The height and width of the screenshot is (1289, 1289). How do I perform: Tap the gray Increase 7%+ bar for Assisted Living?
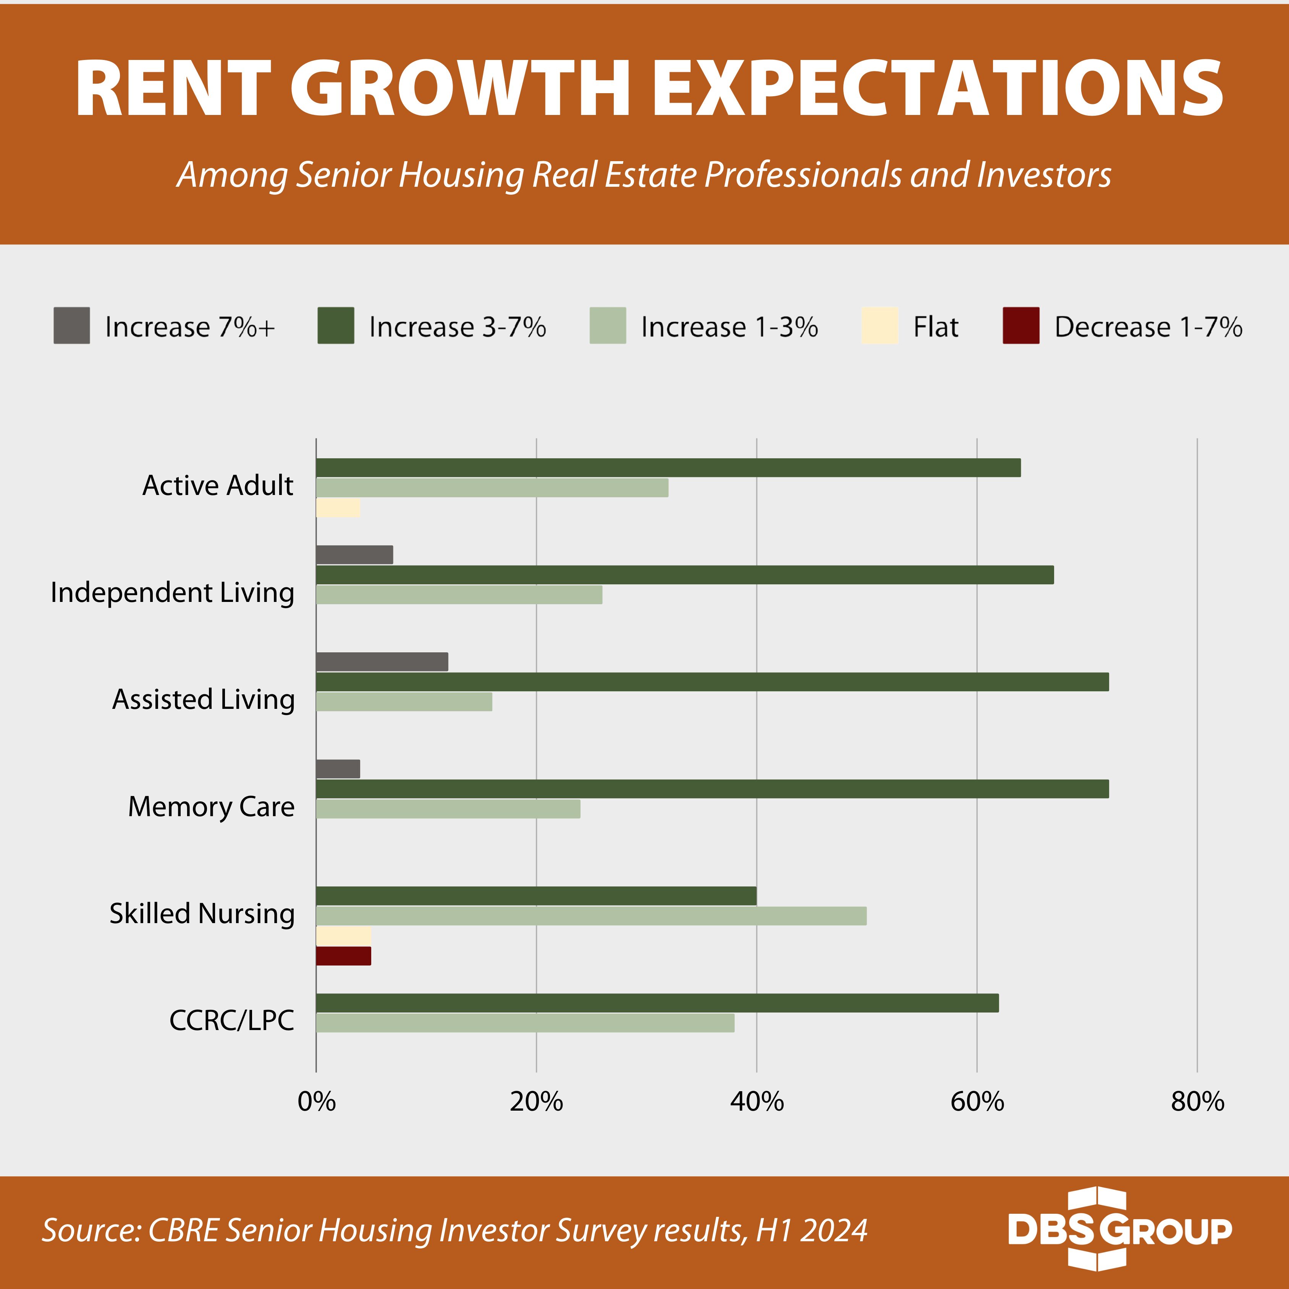pos(382,662)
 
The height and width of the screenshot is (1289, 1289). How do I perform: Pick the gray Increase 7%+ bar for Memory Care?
pos(338,768)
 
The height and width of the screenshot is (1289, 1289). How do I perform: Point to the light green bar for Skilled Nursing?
pos(590,916)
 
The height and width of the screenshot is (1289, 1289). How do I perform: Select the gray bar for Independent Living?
pos(354,555)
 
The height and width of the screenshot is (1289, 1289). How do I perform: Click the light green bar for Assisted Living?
pos(404,702)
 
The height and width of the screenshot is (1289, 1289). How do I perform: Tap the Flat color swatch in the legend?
pos(879,325)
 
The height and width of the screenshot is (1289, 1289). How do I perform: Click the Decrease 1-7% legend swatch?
pos(1021,325)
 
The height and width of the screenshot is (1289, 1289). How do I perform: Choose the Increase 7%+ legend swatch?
pos(71,325)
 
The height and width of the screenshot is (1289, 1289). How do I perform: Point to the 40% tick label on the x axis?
pos(757,1101)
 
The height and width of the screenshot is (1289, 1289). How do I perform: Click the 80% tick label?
pos(1197,1101)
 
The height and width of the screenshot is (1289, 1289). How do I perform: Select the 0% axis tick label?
pos(316,1101)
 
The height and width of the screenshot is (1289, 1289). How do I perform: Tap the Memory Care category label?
pos(211,807)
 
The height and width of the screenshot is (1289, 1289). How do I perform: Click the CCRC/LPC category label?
pos(231,1020)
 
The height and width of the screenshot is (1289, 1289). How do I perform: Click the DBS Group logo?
pos(1119,1229)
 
